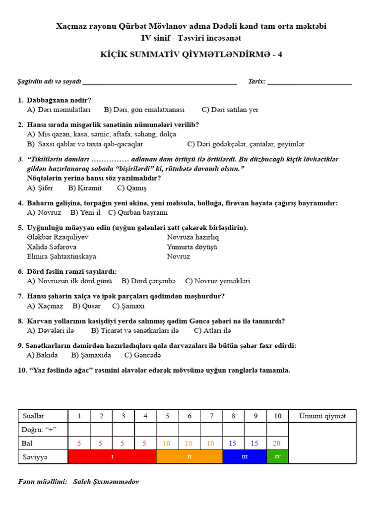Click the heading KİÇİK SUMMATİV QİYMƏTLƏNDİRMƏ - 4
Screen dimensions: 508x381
pos(191,55)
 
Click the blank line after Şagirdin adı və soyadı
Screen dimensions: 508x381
pos(160,82)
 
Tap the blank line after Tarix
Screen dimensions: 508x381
pos(310,82)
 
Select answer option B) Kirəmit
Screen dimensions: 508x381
pos(85,188)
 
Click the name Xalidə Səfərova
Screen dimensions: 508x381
pos(52,247)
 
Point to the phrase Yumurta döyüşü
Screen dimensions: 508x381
pos(192,247)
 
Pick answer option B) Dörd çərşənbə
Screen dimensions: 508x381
pos(148,281)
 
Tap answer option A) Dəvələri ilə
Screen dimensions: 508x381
pos(51,330)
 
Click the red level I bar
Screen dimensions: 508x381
pos(112,457)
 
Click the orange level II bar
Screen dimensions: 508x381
pos(190,457)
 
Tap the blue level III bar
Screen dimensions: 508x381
pos(245,457)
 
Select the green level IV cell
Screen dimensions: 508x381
pos(277,457)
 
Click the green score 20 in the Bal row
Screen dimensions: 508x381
pos(277,443)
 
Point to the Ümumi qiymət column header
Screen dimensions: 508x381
pos(322,416)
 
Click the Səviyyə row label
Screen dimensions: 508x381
pos(35,457)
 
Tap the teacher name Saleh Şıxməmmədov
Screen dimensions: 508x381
pos(106,482)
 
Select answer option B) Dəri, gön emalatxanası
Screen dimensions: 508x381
pos(144,110)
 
